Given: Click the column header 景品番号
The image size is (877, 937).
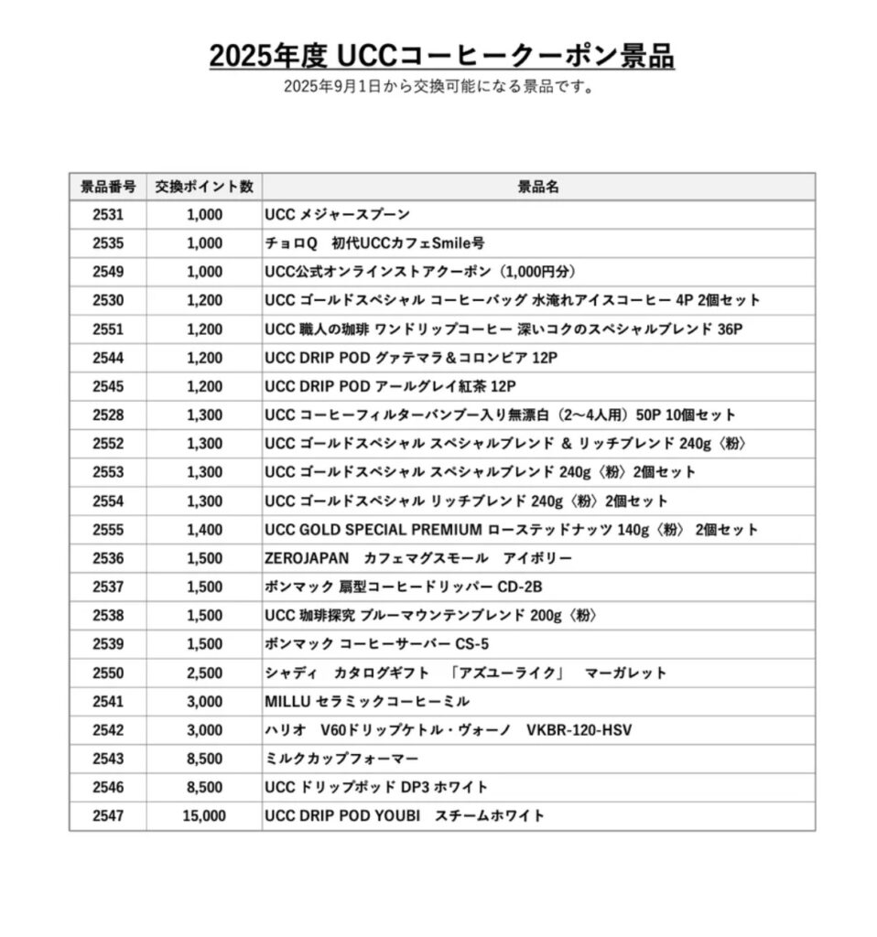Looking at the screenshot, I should click(107, 187).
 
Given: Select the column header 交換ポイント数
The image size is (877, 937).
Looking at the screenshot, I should click(203, 187).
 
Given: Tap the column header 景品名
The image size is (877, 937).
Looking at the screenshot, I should click(538, 187).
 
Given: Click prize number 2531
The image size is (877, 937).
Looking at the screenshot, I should click(107, 215).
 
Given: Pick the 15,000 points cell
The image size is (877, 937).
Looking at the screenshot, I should click(203, 815).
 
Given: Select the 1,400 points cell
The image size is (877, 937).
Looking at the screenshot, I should click(203, 530).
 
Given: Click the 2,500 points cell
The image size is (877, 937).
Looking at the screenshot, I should click(203, 673).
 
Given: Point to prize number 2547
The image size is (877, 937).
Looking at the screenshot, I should click(107, 815).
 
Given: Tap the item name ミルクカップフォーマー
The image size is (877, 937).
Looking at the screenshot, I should click(341, 759).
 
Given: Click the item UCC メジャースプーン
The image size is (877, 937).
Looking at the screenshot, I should click(337, 215).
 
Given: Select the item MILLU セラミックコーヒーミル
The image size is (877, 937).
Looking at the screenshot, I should click(367, 702).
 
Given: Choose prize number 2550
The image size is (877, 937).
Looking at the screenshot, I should click(107, 673).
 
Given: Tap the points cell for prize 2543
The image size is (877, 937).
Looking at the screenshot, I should click(203, 759).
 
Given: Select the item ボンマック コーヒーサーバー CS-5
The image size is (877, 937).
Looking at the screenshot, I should click(376, 644).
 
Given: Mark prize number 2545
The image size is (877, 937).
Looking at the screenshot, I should click(107, 386).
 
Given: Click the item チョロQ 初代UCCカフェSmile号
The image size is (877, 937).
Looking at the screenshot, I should click(374, 243).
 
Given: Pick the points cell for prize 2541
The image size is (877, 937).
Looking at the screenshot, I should click(203, 702).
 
